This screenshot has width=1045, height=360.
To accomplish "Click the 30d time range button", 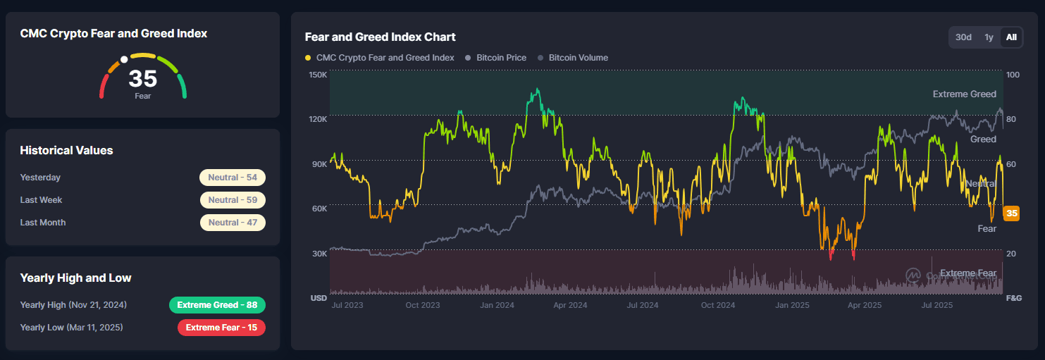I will pyautogui.click(x=963, y=37).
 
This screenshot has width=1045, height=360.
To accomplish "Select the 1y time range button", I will pyautogui.click(x=989, y=37).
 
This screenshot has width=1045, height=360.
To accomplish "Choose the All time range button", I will pyautogui.click(x=1011, y=37).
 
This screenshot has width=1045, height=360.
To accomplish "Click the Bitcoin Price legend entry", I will pyautogui.click(x=500, y=58).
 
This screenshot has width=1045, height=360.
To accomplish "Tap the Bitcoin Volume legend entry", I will pyautogui.click(x=578, y=58).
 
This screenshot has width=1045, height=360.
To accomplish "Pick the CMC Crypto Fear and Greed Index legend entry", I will pyautogui.click(x=385, y=58).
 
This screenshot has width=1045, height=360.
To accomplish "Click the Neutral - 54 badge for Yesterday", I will pyautogui.click(x=233, y=178).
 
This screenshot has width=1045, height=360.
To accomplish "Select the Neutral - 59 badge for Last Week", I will pyautogui.click(x=233, y=200).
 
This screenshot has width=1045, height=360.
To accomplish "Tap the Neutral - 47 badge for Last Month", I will pyautogui.click(x=233, y=223).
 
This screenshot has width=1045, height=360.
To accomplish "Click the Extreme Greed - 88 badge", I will pyautogui.click(x=217, y=305).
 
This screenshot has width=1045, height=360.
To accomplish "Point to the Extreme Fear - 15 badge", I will pyautogui.click(x=221, y=328).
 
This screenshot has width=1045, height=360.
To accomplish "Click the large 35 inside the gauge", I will pyautogui.click(x=142, y=78).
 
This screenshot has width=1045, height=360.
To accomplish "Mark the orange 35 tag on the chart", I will pyautogui.click(x=1011, y=213).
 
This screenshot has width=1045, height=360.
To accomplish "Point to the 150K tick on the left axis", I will pyautogui.click(x=318, y=75).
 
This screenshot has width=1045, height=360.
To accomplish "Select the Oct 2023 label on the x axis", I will pyautogui.click(x=422, y=305).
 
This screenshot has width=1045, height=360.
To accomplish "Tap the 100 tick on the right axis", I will pyautogui.click(x=1012, y=75).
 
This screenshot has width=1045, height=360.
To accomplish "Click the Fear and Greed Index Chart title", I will pyautogui.click(x=380, y=37).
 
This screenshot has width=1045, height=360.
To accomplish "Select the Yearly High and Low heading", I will pyautogui.click(x=75, y=278).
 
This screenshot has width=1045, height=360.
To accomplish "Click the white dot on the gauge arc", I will pyautogui.click(x=124, y=60).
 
